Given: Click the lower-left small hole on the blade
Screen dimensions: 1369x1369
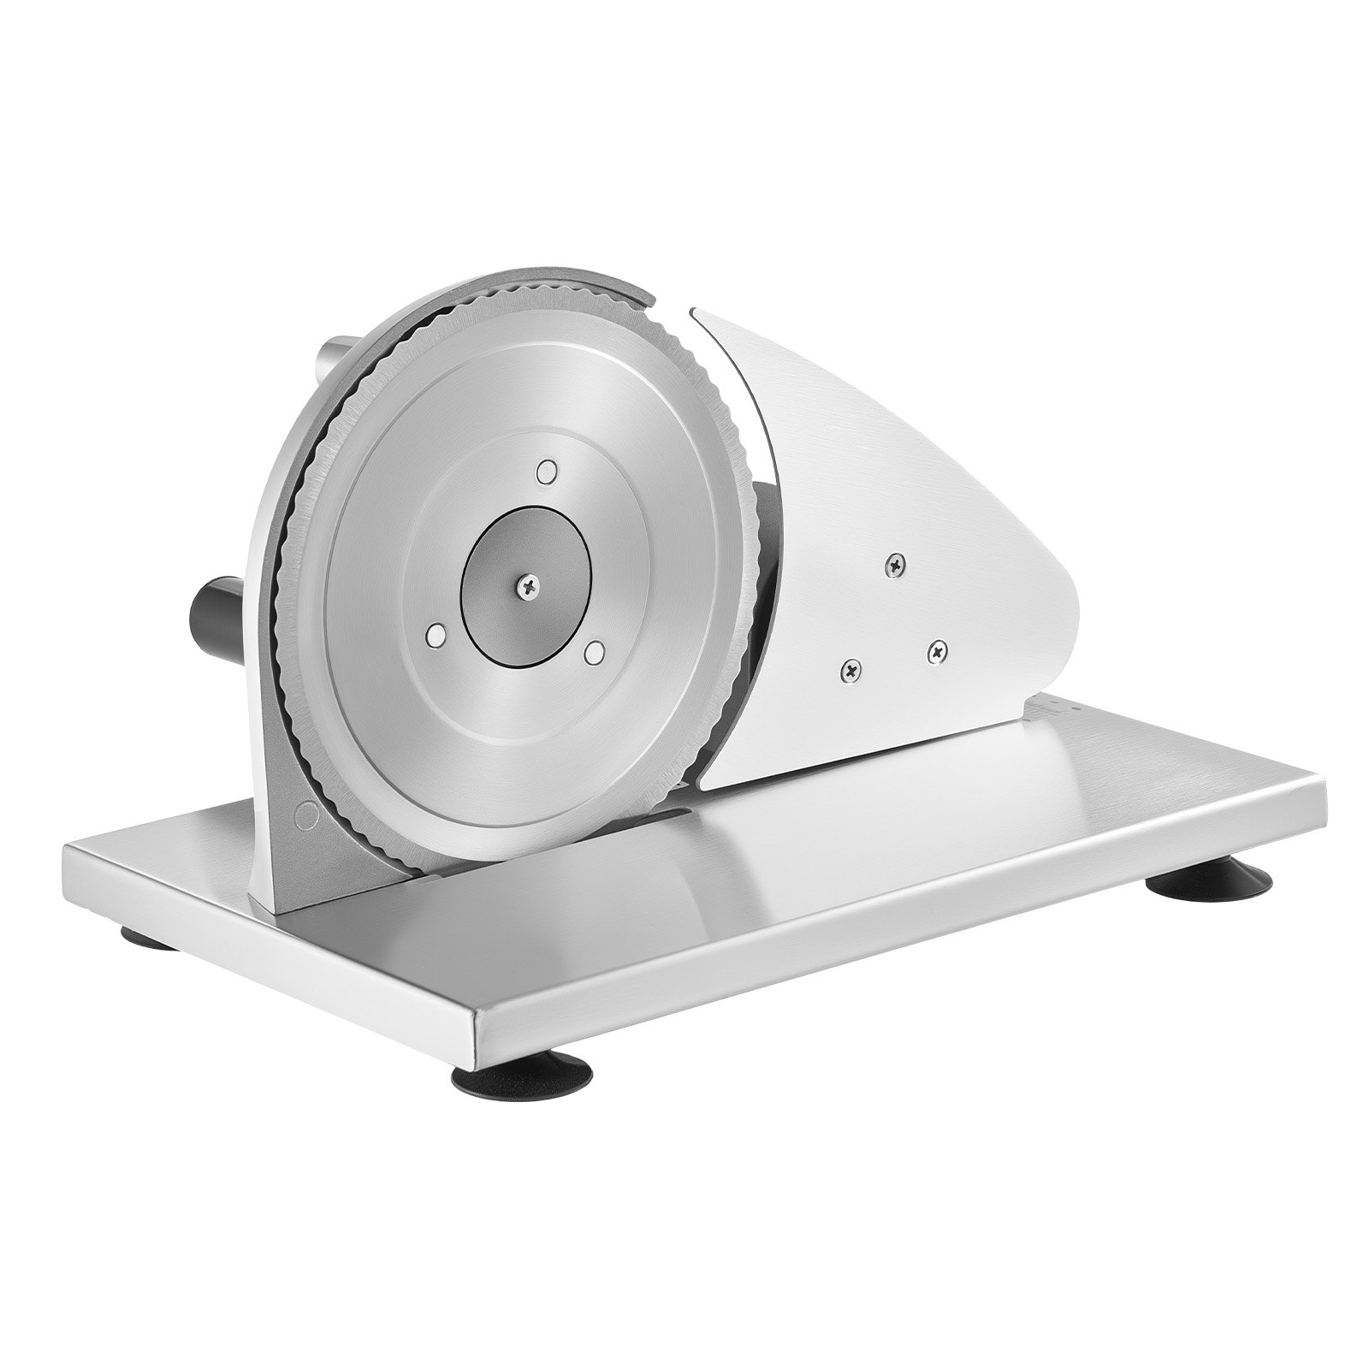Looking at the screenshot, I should click(x=436, y=634).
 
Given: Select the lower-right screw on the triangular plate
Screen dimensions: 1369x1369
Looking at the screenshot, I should click(x=938, y=653).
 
